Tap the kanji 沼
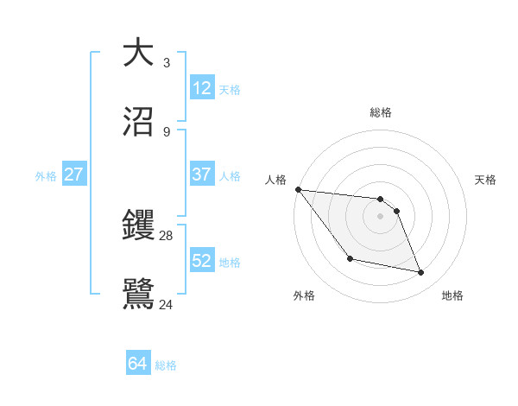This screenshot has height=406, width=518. pos(139,121)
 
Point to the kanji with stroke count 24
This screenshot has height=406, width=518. pos(139,292)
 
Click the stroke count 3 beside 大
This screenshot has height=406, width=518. pos(166,62)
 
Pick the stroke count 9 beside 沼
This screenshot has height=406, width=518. pos(166,131)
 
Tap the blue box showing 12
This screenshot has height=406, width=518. pos(202,88)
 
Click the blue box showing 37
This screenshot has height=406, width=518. pos(202,174)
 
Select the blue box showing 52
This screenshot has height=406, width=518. pos(202,261)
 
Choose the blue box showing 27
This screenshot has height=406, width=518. pos(74,174)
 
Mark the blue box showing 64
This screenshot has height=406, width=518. pos(138,364)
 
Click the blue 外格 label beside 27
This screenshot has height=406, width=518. pos(46,176)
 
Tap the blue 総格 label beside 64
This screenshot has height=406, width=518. pos(166,365)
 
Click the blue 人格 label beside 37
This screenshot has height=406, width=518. pos(230,176)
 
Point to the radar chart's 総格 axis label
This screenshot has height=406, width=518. pos(381,112)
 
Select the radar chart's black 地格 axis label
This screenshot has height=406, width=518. pos(452,295)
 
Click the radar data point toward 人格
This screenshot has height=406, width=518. pos(298,189)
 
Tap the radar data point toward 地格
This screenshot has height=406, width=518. pos(421,273)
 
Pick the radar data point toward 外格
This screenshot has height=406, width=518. pos(350,258)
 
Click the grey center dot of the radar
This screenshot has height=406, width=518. pos(381,216)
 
